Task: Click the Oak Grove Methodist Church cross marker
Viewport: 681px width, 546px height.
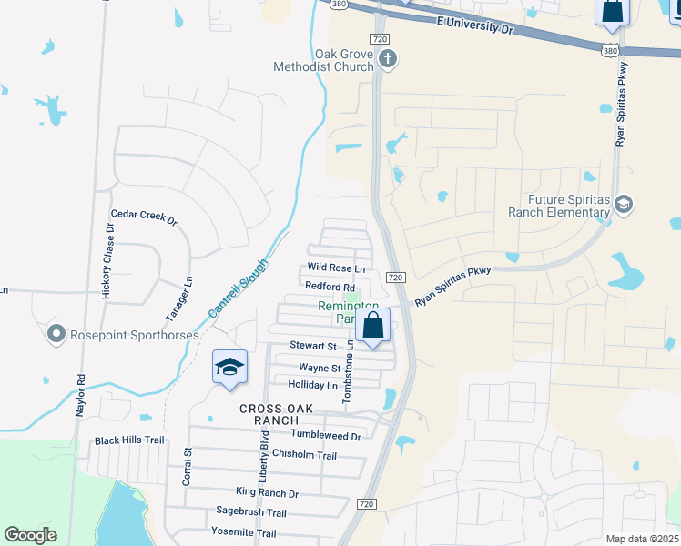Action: coord(389,60)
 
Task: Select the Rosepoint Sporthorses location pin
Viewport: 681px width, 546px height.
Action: coord(56,334)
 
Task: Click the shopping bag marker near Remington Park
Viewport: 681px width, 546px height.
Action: coord(373,325)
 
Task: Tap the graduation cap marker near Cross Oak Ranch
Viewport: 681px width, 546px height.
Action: coord(229,367)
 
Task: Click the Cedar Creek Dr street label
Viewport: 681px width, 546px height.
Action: coord(143,218)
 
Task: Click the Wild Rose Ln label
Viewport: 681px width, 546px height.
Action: coord(336,268)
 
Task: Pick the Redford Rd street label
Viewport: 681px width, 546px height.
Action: coord(330,287)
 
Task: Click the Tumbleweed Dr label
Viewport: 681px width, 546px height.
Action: coord(326,436)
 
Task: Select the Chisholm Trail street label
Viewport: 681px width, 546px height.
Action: coord(305,455)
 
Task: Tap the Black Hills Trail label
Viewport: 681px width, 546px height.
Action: coord(129,440)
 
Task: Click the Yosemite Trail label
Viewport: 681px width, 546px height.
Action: coord(243,532)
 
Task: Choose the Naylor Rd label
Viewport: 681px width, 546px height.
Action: coord(80,398)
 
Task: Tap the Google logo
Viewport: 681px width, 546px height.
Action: coord(31,535)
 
